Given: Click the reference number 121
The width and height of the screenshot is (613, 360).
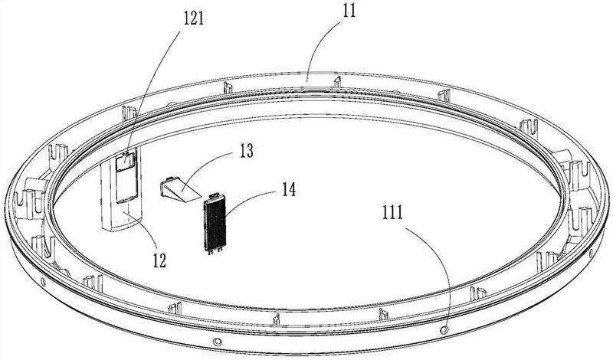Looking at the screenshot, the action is [x=194, y=18].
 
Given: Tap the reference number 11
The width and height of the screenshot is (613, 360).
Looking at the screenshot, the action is [x=349, y=11].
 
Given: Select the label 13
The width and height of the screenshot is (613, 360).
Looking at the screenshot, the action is [x=246, y=151].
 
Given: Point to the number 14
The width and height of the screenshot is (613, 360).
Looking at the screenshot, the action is [x=289, y=190].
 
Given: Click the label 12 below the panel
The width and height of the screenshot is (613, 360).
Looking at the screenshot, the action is [x=159, y=260].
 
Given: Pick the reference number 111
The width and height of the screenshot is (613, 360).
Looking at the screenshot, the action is [x=392, y=213].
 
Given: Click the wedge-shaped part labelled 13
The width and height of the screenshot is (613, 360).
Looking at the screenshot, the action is [x=179, y=189].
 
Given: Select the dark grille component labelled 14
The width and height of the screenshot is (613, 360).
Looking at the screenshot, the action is [x=215, y=223].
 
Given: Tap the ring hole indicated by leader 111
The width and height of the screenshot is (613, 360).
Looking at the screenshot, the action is [x=444, y=330].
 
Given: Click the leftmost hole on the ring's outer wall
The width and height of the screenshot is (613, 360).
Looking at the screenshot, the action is [x=43, y=281].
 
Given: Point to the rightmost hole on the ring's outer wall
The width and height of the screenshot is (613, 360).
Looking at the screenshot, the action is [x=590, y=254].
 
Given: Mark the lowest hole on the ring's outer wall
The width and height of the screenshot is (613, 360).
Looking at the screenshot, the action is [x=217, y=342].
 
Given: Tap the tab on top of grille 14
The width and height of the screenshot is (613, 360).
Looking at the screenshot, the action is [x=215, y=195].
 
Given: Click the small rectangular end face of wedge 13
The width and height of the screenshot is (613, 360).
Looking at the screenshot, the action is [x=166, y=187].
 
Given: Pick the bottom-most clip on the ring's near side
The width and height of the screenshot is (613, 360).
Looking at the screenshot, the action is [x=277, y=319].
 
